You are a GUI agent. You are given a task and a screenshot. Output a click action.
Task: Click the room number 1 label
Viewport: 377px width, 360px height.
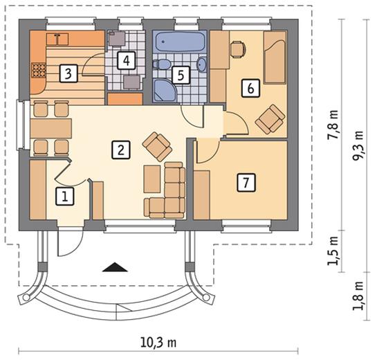pos(64,197)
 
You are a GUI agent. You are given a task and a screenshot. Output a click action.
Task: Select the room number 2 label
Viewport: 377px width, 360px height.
pos(121,150)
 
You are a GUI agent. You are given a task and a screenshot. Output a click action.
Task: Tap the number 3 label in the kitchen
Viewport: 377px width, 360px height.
pos(68,73)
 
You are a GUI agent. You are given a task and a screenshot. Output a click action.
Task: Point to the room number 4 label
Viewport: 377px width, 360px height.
pos(127,60)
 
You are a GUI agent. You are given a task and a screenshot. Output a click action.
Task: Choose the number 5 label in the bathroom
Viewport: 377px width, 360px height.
pos(181,75)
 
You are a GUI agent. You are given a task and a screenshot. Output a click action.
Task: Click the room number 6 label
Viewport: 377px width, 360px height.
pos(250,88)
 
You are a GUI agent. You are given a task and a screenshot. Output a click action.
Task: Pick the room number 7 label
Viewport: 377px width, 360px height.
pos(246,183)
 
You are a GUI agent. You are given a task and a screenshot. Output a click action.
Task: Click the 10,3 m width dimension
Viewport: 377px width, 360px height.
pos(158,343)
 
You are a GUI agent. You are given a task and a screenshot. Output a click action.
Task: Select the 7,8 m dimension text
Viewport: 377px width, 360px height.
pos(333,124)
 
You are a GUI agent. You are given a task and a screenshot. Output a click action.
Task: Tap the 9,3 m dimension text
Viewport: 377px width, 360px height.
pos(358,145)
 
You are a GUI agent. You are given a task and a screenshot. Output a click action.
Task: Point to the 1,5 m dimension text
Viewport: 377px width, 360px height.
pos(333,251)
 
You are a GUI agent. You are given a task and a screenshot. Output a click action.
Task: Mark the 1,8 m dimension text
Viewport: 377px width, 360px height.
pos(358,296)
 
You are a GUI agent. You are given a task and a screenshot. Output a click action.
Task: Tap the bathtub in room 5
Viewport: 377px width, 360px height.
pos(180,42)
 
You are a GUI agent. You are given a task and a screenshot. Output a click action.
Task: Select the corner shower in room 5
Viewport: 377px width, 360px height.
pos(165,91)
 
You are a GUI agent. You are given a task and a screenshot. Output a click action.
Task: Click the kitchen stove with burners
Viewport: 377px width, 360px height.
pos(38,70)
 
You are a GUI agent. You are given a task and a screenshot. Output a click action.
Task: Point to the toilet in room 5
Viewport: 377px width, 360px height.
pos(161,64)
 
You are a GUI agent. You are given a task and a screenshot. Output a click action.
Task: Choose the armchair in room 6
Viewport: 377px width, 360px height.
pos(270,119)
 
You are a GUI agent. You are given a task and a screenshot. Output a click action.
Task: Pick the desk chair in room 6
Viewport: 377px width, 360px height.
pos(238,50)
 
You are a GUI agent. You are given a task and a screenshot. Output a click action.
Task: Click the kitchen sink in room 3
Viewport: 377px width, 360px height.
pos(57,39)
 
